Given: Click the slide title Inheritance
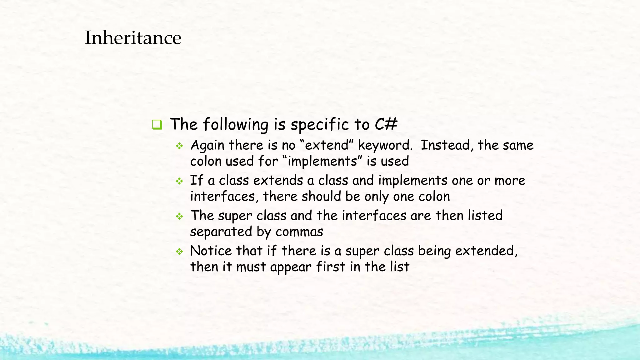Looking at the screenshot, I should (133, 38).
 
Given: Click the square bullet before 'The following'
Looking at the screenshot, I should (157, 125).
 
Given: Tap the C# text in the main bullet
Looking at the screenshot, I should (386, 124).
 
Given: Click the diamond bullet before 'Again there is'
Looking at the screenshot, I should (179, 146).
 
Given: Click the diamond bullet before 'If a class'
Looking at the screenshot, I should (179, 181).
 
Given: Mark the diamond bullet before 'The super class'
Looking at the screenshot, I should (179, 216).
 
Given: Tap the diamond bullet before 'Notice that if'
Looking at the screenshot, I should (179, 252).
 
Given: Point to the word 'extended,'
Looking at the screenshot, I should (486, 251).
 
